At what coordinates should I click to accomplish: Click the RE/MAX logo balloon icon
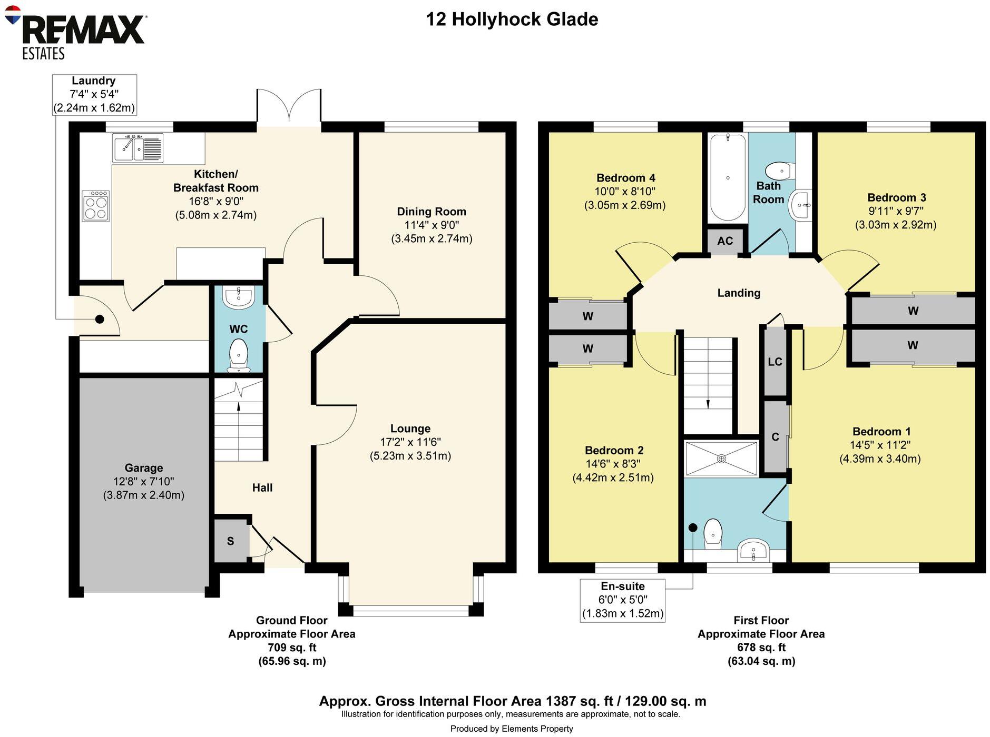point(12,15)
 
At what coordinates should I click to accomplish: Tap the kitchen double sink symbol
point(138,147)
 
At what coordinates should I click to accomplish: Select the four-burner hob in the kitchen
point(96,206)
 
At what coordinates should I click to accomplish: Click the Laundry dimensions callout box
point(94,95)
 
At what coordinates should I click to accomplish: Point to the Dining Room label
point(431,212)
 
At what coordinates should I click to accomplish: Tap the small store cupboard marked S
point(231,541)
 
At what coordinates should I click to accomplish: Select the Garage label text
point(143,468)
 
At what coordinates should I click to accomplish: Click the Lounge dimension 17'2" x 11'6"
point(410,442)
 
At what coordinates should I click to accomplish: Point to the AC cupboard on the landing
point(724,241)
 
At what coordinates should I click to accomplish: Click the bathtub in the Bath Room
point(728,178)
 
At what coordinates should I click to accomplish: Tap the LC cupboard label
point(775,362)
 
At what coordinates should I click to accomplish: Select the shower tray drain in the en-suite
point(721,459)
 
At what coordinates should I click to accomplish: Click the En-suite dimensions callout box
point(622,600)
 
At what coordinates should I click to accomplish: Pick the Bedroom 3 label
point(896,197)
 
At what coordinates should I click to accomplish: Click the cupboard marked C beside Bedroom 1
point(775,437)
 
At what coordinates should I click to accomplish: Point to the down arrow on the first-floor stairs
point(708,403)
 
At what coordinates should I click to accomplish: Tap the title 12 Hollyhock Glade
point(512,19)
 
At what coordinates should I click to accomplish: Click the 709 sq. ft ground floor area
point(291,648)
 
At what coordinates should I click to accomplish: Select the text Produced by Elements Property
point(511,729)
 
